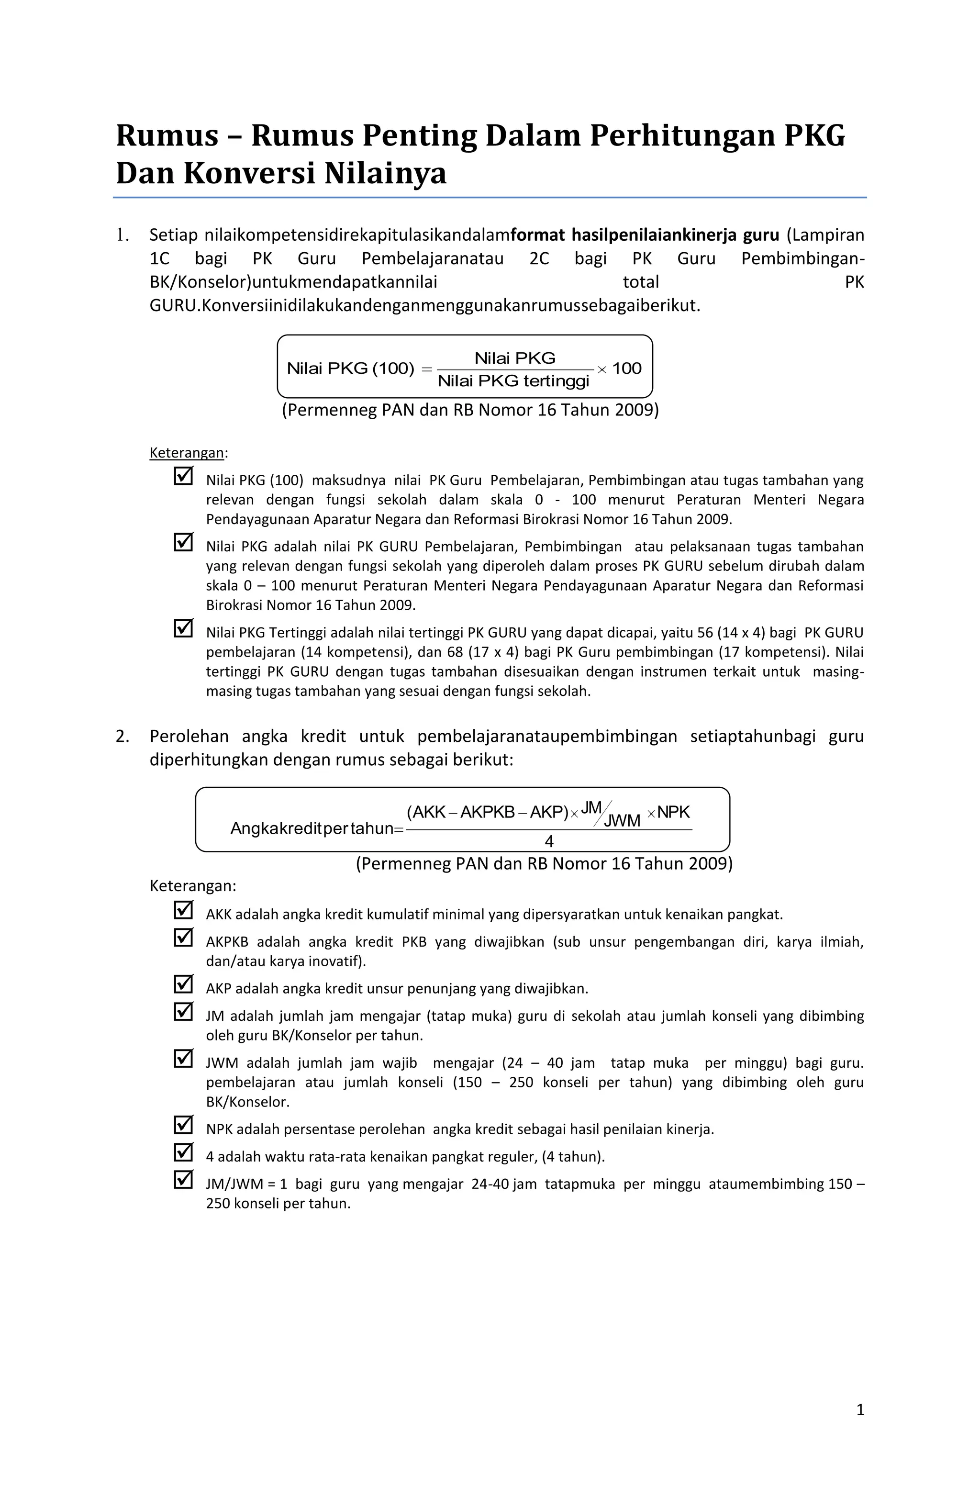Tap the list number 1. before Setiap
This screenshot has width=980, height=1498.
coord(122,235)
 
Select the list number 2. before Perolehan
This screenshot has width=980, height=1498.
coord(122,737)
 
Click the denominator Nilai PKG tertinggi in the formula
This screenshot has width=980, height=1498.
coord(513,381)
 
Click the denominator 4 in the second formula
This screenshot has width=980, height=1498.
coord(549,841)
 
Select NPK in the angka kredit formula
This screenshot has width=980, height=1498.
coord(673,813)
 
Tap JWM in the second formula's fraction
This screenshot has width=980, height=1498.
coord(622,821)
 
